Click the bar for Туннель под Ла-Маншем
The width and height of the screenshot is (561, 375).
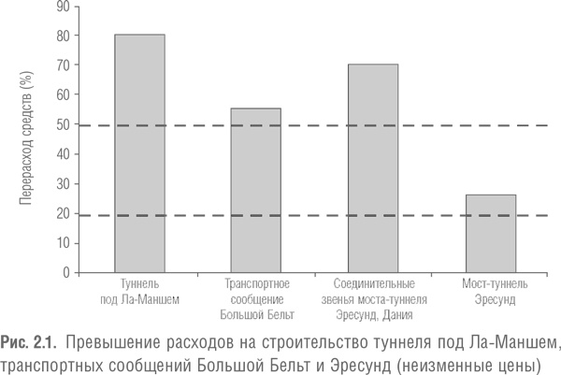click(139, 154)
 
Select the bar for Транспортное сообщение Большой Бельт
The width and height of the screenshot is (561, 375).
click(255, 191)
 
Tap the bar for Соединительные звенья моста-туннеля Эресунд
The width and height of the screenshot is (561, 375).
click(373, 168)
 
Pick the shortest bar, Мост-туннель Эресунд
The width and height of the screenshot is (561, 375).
click(490, 234)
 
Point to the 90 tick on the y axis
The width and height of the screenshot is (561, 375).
click(64, 7)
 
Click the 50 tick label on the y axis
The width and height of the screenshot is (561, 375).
click(64, 124)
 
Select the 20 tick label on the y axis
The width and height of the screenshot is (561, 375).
click(64, 213)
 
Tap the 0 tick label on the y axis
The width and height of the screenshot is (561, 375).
click(67, 272)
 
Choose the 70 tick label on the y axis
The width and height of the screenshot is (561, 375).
click(64, 65)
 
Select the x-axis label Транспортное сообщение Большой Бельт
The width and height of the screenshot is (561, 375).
click(255, 298)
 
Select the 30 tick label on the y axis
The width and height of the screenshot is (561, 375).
click(64, 183)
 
